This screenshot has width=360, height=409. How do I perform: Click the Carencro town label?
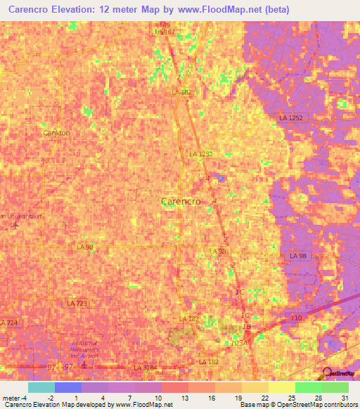pos(181,201)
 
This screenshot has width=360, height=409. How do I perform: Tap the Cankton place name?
pos(57,132)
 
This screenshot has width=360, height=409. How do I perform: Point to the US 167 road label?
pos(165,32)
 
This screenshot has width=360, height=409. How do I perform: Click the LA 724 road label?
pos(10,323)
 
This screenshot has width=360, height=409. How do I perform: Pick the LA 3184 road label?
pos(146,368)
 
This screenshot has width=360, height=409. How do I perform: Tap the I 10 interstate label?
pos(297,318)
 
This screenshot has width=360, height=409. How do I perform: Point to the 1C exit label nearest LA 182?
pos(245,315)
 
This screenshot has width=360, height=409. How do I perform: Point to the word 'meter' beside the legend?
pos(11,397)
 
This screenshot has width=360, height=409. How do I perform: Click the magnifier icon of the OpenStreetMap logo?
pos(328,374)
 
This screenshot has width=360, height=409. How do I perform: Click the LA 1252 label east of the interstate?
pos(290,118)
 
